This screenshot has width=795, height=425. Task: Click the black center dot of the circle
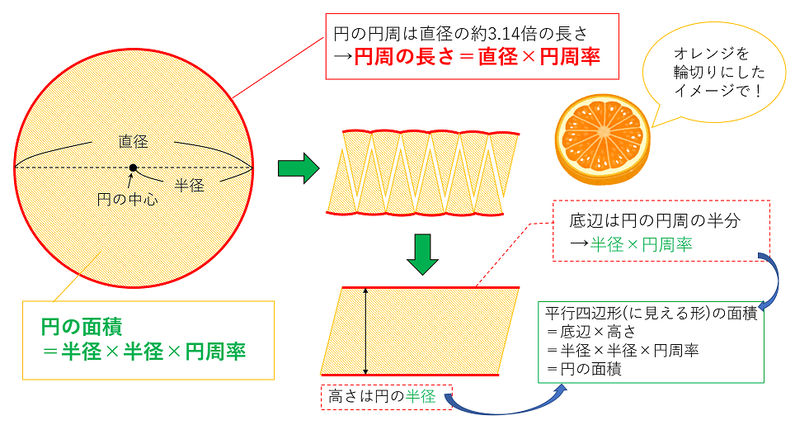point(133,168)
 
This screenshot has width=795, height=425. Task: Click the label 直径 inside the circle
point(133,142)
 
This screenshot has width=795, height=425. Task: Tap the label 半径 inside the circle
point(190,186)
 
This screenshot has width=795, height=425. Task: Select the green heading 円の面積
point(82,325)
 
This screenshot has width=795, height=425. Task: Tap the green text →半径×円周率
point(630,244)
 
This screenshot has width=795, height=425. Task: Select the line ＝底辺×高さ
point(593,332)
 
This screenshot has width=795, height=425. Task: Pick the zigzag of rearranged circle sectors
point(424,172)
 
